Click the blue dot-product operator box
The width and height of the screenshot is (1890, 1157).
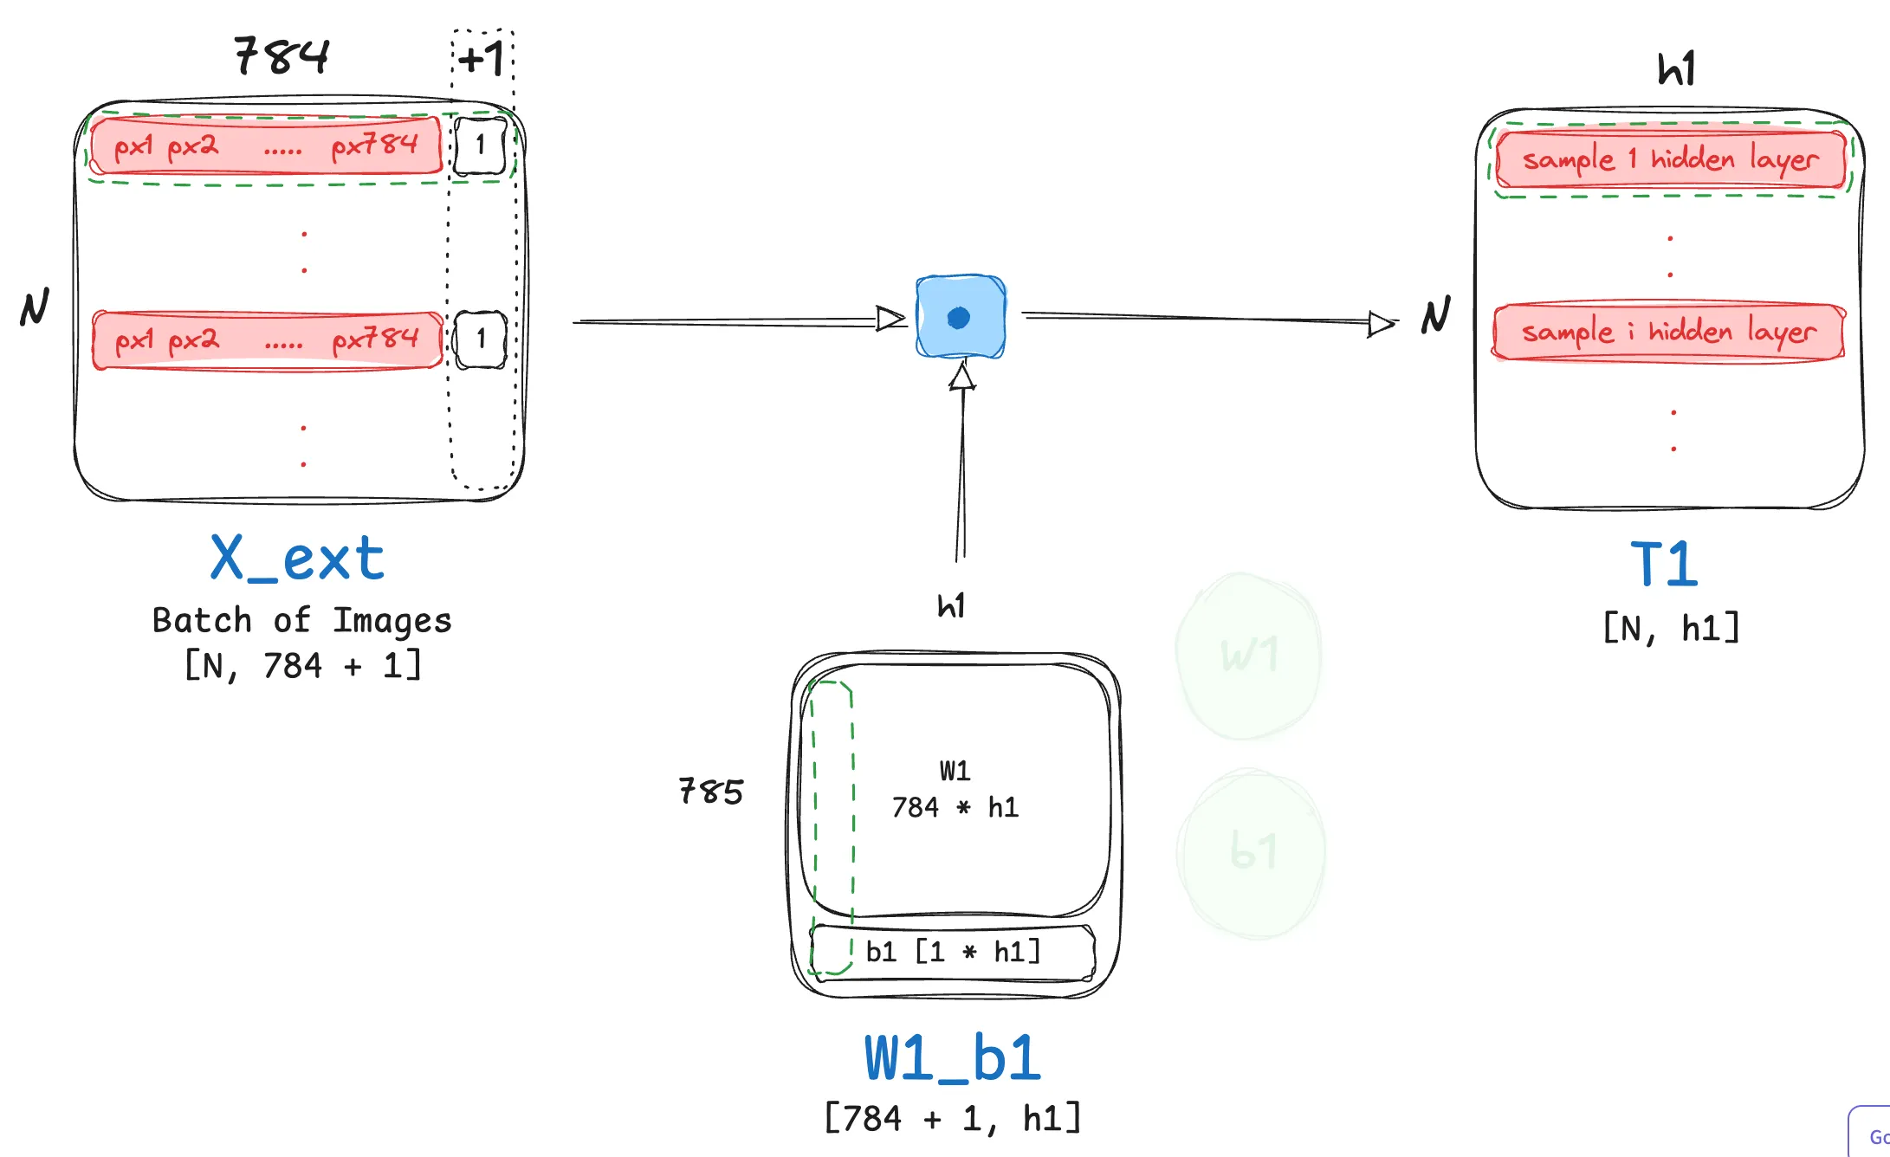pos(961,317)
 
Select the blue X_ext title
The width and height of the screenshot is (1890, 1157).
pos(297,559)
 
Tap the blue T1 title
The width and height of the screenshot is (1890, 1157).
pos(1664,565)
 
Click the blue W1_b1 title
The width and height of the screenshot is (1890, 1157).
pos(953,1058)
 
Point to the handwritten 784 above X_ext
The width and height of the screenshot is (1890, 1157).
pos(282,56)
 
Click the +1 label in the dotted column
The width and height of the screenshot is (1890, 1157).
pos(482,60)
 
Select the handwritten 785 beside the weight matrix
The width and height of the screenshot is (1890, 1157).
pos(711,792)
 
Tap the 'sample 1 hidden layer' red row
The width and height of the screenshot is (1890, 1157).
pos(1670,159)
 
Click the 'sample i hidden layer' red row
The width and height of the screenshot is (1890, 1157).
pos(1668,332)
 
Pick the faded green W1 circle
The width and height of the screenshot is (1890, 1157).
pos(1249,656)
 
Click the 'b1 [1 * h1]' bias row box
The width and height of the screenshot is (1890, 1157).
pos(953,953)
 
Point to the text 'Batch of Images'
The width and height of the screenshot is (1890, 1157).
pos(301,620)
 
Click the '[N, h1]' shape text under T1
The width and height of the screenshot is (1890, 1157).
pos(1671,628)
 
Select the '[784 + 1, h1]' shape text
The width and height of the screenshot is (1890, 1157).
pos(953,1118)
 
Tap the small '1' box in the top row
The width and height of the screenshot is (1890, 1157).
pos(481,145)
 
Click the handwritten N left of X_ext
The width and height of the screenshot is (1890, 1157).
pos(35,307)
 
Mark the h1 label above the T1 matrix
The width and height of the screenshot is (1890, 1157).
pos(1676,68)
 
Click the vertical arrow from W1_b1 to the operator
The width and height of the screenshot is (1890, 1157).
pos(961,468)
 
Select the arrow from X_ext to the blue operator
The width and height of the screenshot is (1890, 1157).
pos(736,321)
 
